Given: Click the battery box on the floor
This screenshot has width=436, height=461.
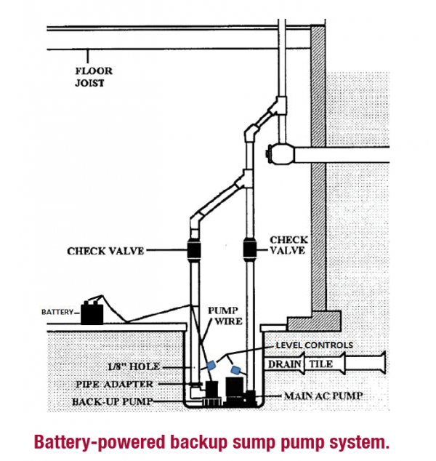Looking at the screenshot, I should tap(92, 313).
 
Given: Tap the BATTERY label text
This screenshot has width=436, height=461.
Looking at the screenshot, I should tap(57, 313).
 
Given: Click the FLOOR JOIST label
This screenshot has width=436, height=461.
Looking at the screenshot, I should tap(94, 78).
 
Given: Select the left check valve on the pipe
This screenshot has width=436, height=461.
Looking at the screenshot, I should tap(195, 251).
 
